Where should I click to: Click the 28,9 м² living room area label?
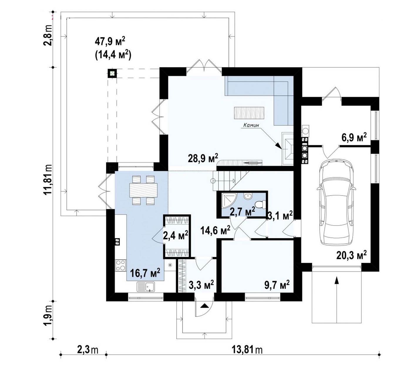[203, 158]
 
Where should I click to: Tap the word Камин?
[251, 125]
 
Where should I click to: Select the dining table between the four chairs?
[143, 190]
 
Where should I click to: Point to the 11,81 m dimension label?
[48, 179]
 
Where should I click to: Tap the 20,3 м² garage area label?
[352, 255]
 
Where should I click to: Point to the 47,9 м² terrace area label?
[110, 42]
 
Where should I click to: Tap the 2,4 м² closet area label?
[176, 235]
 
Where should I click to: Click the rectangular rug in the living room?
[249, 113]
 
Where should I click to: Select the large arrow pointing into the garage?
[337, 299]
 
